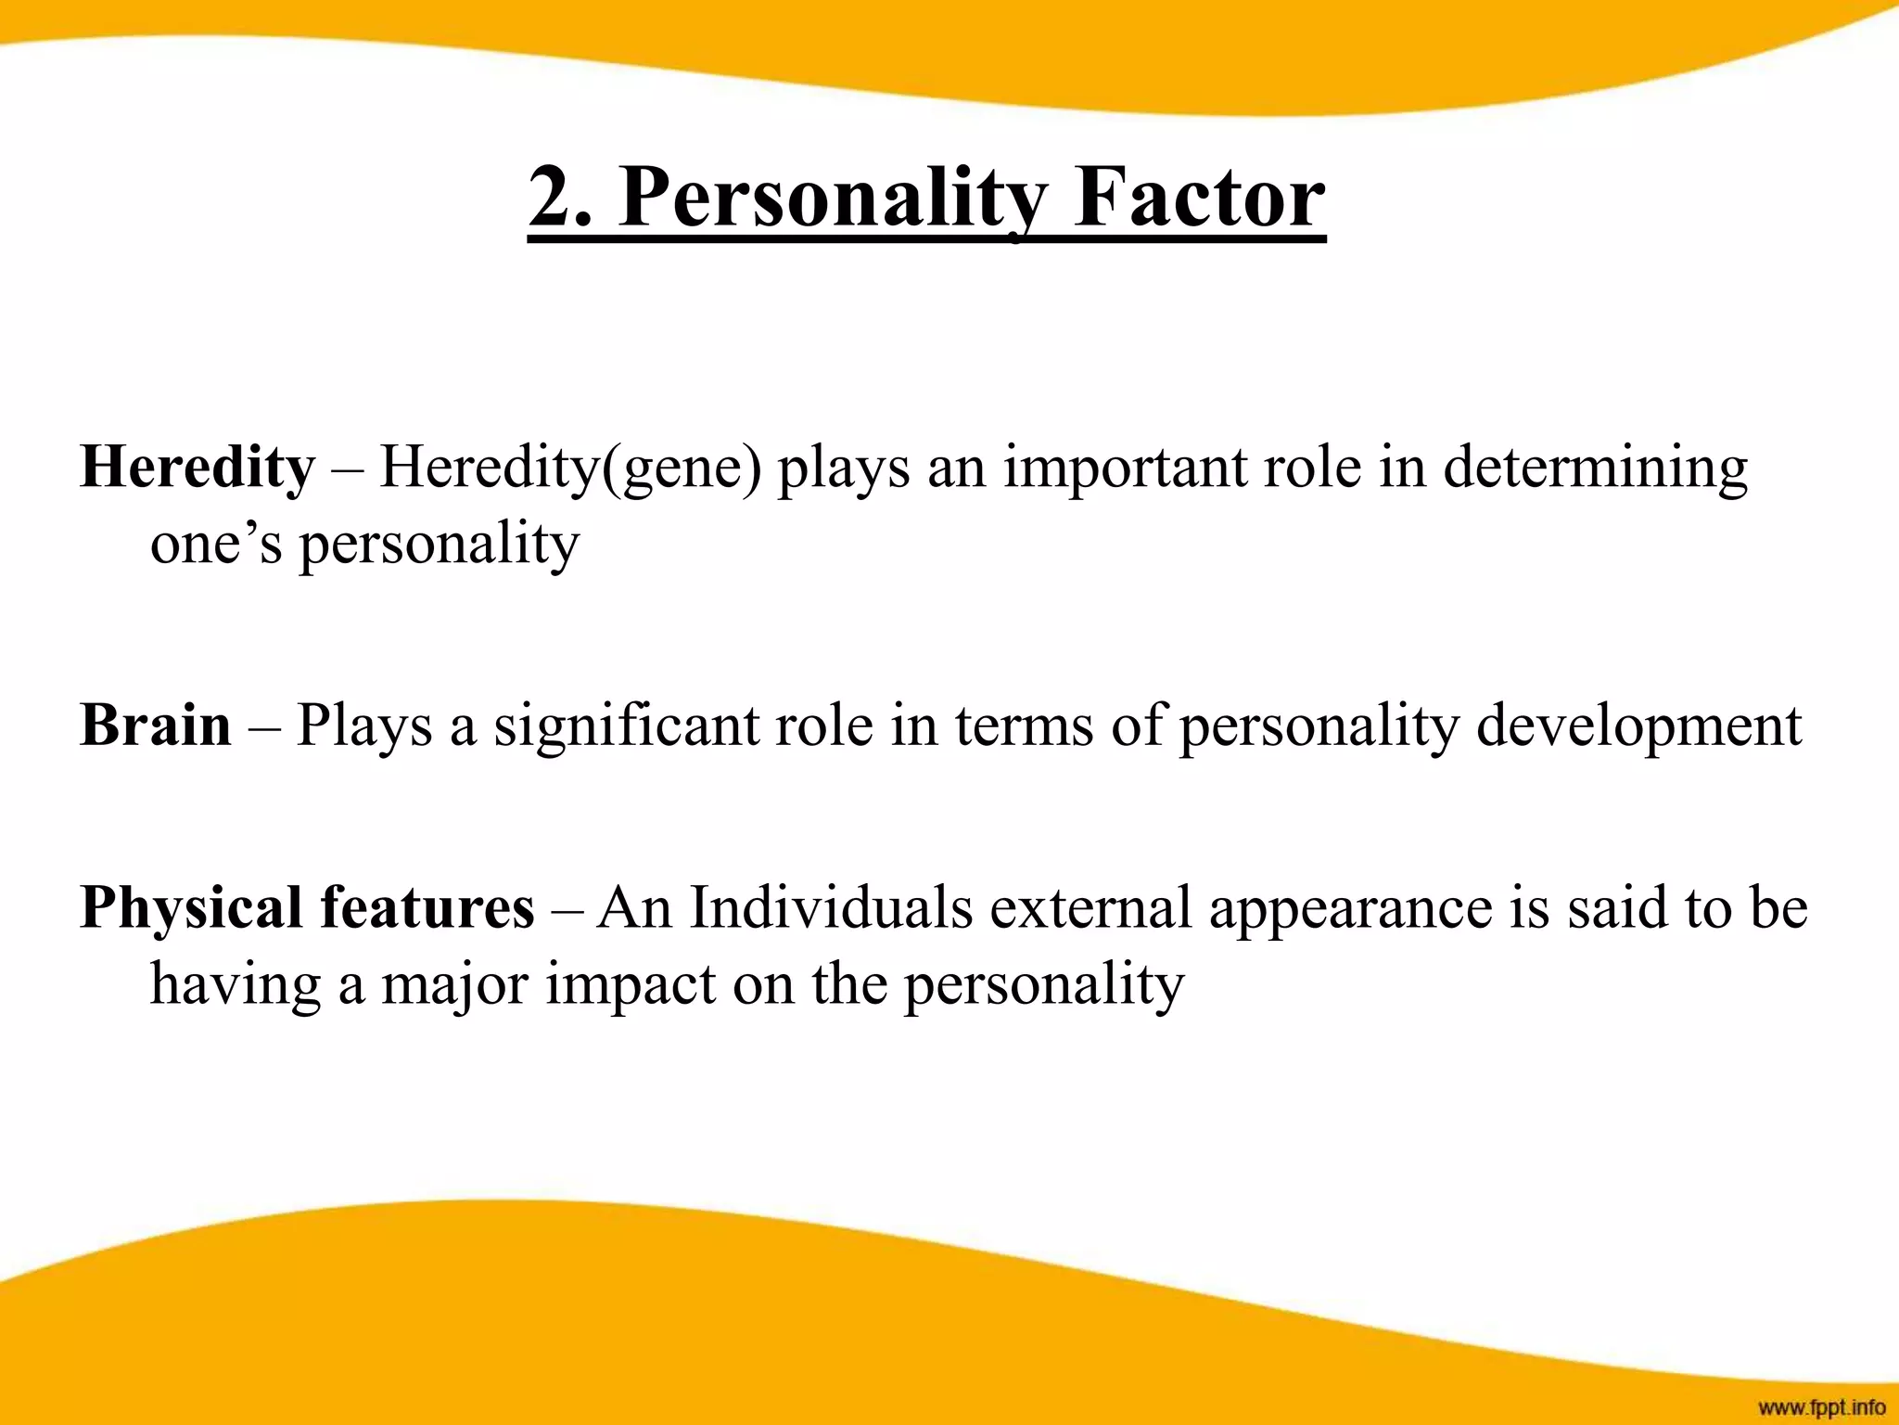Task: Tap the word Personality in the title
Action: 833,198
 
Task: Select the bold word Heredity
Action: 198,467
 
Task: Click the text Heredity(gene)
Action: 570,467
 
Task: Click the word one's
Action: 215,544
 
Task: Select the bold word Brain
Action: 156,725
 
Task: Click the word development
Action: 1638,725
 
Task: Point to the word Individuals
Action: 831,906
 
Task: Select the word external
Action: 1090,906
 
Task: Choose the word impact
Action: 631,983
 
